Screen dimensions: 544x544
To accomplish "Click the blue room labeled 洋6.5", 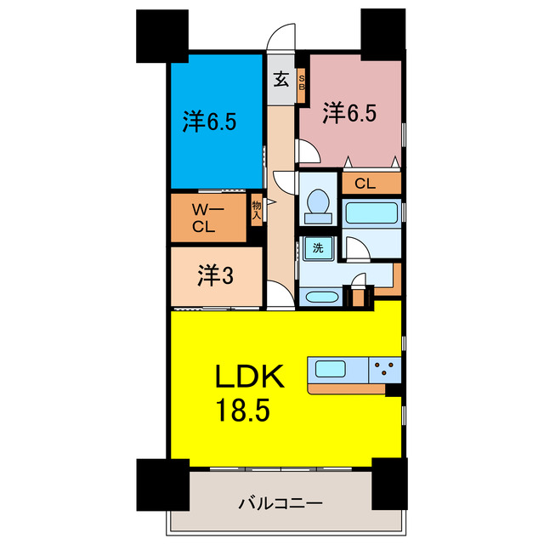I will coord(209,122).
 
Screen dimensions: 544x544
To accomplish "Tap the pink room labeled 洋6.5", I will coord(348,112).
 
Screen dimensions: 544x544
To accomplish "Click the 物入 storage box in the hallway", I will coord(257,209).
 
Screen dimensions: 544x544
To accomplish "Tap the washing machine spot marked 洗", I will coord(317,249).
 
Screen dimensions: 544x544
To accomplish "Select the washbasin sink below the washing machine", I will coord(320,297).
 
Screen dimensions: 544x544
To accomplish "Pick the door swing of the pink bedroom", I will coord(309,151).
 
